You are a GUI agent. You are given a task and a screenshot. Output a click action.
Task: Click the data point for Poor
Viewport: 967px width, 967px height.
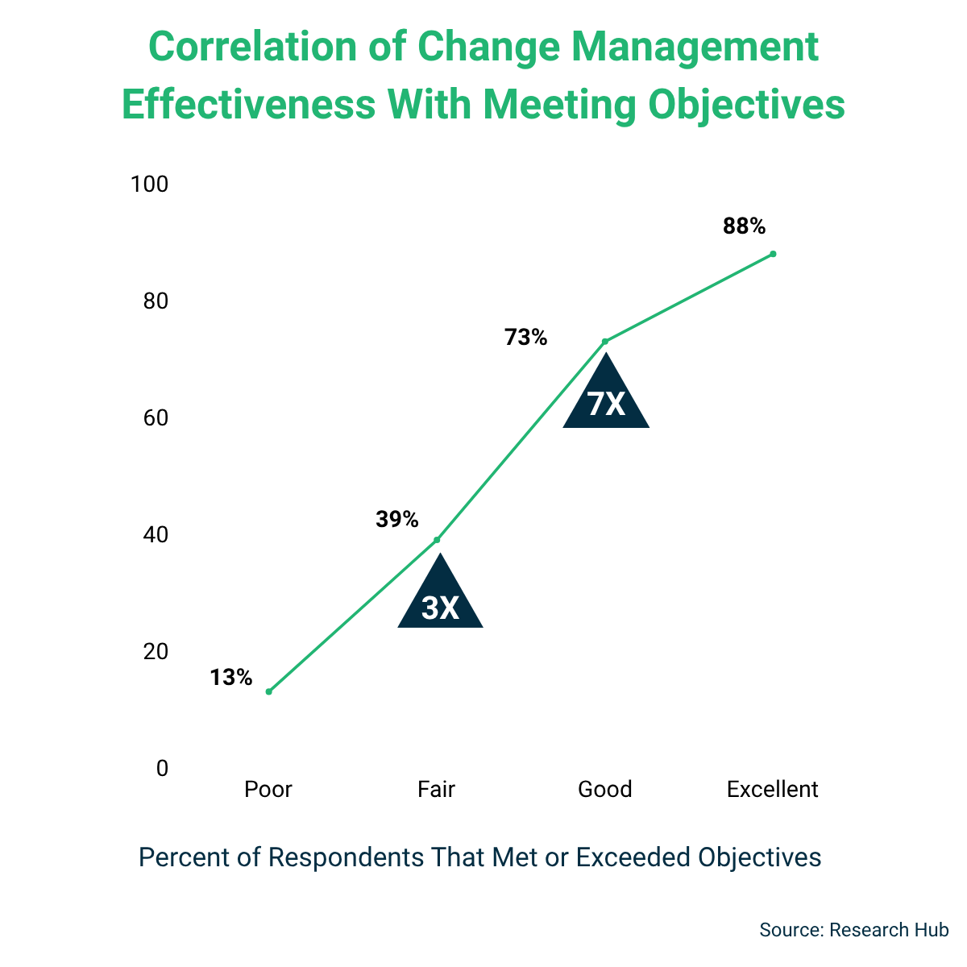(x=268, y=691)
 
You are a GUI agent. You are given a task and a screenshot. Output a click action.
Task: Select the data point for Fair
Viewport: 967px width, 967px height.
(x=437, y=540)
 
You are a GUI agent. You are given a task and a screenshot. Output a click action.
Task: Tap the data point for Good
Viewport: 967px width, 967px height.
(x=605, y=341)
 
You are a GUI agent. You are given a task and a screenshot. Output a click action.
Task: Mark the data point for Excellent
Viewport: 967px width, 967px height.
(x=773, y=254)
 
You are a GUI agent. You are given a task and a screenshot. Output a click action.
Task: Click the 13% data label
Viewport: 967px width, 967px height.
(x=231, y=678)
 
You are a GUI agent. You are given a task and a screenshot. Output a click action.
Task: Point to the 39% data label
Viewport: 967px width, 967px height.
(x=397, y=520)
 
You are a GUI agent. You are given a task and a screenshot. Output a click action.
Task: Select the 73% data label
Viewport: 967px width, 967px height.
(x=526, y=337)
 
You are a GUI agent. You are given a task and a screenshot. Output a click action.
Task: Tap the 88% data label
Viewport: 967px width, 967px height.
(x=744, y=226)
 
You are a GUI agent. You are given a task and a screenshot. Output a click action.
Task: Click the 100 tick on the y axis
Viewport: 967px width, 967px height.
(x=150, y=185)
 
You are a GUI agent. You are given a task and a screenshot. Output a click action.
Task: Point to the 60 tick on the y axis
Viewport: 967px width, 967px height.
(x=156, y=418)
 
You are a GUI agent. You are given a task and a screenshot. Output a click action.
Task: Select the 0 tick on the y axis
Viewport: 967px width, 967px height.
(x=162, y=769)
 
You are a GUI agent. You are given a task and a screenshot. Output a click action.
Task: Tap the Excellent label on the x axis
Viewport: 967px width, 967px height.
(x=772, y=789)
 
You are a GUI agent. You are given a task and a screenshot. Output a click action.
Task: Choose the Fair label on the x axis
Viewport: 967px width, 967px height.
(x=436, y=789)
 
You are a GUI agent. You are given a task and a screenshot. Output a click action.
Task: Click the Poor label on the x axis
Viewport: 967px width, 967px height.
(x=268, y=789)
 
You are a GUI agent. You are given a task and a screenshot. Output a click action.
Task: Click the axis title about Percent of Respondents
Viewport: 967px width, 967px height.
(x=479, y=857)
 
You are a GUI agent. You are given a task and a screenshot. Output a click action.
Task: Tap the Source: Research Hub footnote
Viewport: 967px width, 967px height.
(x=853, y=929)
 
